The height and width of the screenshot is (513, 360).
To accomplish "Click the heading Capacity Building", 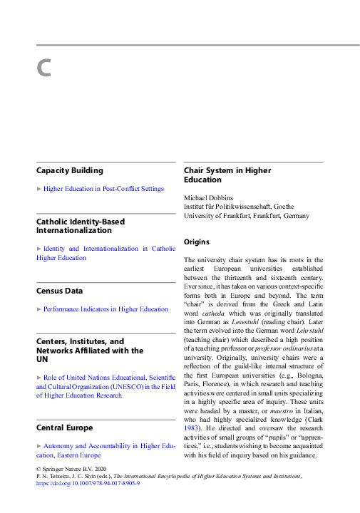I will [x=69, y=171].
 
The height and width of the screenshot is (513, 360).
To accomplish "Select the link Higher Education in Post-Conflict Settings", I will [x=103, y=189].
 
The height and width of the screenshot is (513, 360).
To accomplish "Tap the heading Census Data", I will [x=59, y=291].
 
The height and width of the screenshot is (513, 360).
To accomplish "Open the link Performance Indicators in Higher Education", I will [x=106, y=309].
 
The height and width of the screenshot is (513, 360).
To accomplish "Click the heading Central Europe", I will [x=64, y=427].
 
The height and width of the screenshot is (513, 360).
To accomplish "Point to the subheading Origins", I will [x=197, y=242].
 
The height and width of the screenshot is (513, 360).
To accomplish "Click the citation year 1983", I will [x=193, y=425].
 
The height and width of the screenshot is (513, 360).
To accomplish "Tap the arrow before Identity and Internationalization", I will [x=38, y=249].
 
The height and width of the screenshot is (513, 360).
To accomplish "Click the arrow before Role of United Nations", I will [x=38, y=377].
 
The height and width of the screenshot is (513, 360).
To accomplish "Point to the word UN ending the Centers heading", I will [x=42, y=360].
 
